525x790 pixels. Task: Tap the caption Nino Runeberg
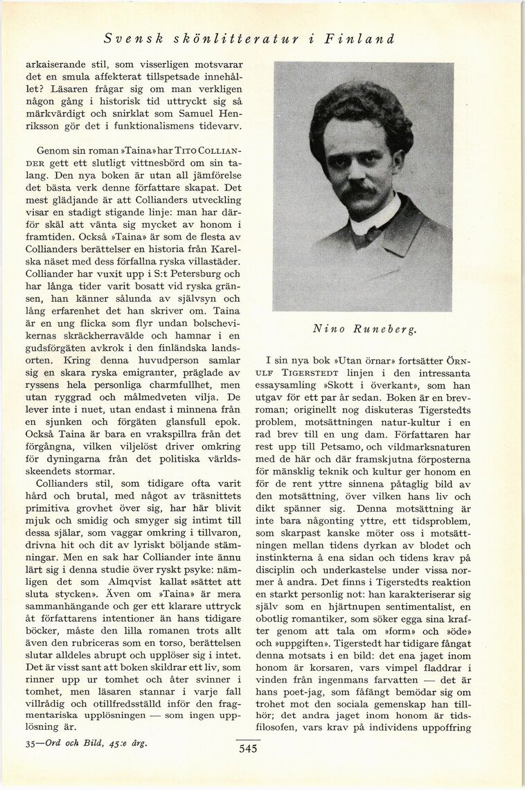pos(365,330)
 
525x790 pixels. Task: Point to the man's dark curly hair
pos(360,111)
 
